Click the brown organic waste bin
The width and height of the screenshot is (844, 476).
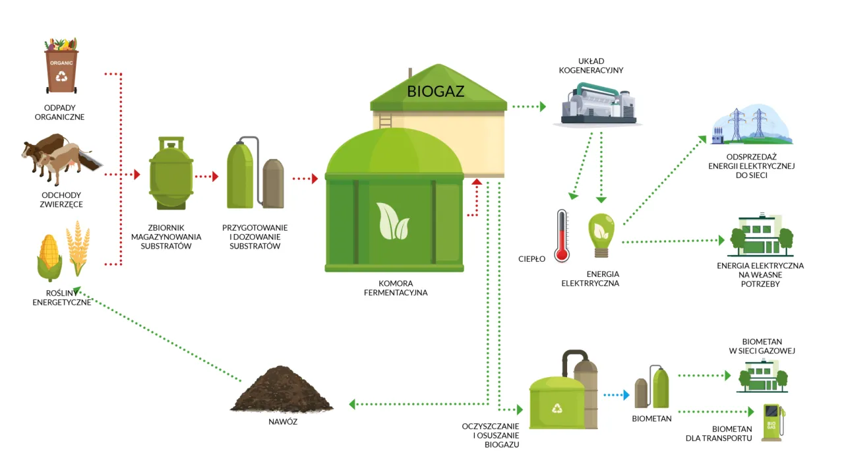click(x=61, y=69)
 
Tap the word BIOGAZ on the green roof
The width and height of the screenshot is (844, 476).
click(x=435, y=92)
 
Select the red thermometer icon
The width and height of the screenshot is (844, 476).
click(x=561, y=236)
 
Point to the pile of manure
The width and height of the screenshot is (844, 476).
click(x=282, y=390)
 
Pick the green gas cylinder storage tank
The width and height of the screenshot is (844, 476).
click(x=170, y=174)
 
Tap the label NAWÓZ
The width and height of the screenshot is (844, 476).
click(x=282, y=421)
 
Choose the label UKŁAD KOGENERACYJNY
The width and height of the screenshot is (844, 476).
click(x=591, y=65)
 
